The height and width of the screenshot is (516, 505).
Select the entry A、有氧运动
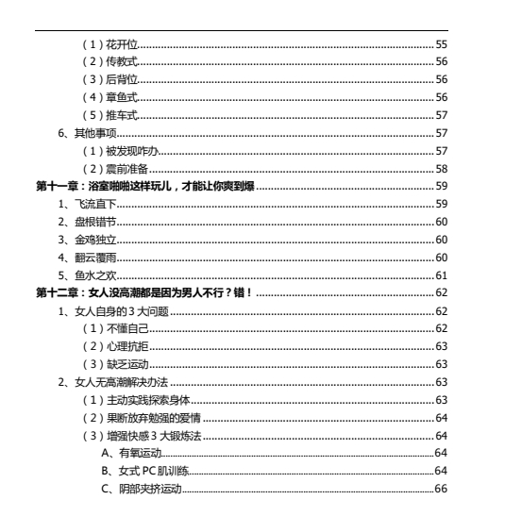click(131, 454)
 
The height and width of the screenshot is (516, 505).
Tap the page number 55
click(441, 43)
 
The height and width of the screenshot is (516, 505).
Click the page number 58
click(441, 168)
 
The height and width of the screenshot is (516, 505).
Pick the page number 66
click(441, 490)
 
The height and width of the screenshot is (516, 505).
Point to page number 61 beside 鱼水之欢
click(441, 275)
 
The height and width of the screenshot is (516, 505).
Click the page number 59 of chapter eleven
click(441, 186)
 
